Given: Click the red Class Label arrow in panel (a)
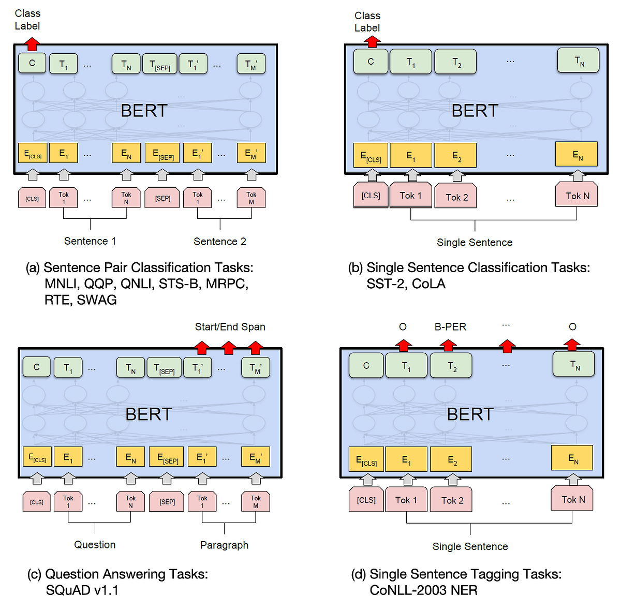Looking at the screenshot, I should pos(32,44).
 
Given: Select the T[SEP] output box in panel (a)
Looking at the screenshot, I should pos(159,64).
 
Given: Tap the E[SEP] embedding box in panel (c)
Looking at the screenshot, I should pos(167,457).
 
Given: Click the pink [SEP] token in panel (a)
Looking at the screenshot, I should pos(162,198).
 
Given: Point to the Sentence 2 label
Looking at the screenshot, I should pos(220,242).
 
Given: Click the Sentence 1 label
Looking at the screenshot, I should pos(90,241).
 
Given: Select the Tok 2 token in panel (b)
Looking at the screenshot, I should pos(456,197).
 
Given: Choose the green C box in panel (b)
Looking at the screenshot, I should pos(371,62).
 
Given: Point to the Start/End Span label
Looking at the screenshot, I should pos(230,327).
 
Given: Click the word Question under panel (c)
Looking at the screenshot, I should pos(95,545).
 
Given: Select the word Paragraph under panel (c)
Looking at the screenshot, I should pos(224,545).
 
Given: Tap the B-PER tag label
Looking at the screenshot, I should pos(450,327).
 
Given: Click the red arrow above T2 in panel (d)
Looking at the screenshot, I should pos(448,346).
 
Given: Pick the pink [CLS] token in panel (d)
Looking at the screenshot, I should pos(366,500).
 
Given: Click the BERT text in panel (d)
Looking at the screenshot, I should pos(470,414).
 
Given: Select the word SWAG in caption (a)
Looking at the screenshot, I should pos(96,300).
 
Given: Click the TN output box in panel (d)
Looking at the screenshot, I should pos(574,365).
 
